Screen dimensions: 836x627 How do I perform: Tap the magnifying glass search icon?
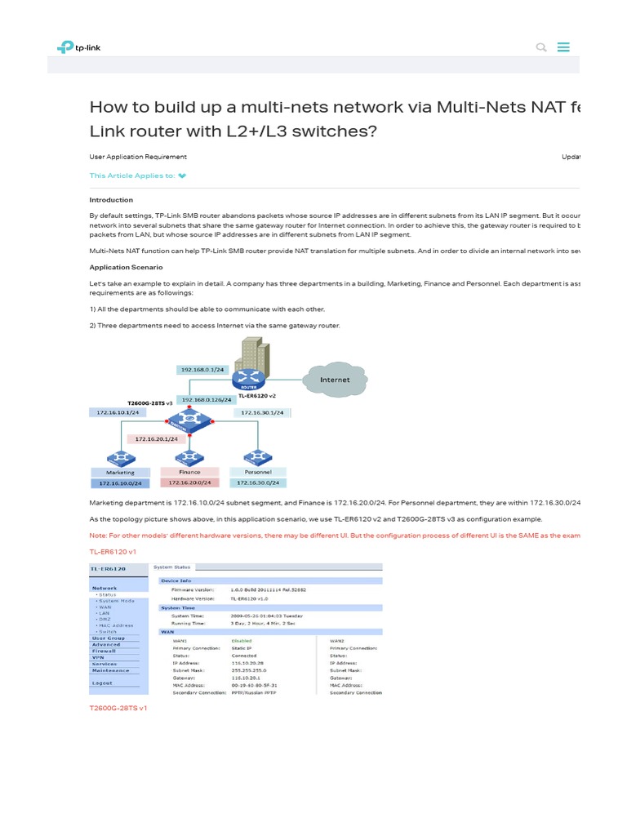pyautogui.click(x=540, y=47)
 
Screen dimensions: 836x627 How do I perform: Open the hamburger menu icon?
pyautogui.click(x=563, y=47)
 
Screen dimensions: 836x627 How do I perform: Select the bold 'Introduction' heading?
pyautogui.click(x=111, y=200)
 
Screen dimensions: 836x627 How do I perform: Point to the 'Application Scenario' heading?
pyautogui.click(x=126, y=267)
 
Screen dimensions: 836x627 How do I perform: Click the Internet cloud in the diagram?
pyautogui.click(x=335, y=380)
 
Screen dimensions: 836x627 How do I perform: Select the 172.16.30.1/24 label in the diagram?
pyautogui.click(x=262, y=413)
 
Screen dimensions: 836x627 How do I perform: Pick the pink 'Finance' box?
pyautogui.click(x=189, y=472)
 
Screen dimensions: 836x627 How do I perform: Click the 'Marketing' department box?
pyautogui.click(x=119, y=472)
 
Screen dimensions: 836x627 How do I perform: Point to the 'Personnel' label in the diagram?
pyautogui.click(x=258, y=472)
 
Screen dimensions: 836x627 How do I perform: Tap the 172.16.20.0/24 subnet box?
pyautogui.click(x=189, y=482)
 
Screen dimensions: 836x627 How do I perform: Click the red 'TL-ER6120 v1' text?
pyautogui.click(x=113, y=552)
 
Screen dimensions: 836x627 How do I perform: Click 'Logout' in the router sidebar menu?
pyautogui.click(x=103, y=683)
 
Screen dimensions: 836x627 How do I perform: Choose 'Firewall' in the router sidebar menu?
pyautogui.click(x=104, y=651)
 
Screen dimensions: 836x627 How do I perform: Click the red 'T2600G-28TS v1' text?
pyautogui.click(x=118, y=708)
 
